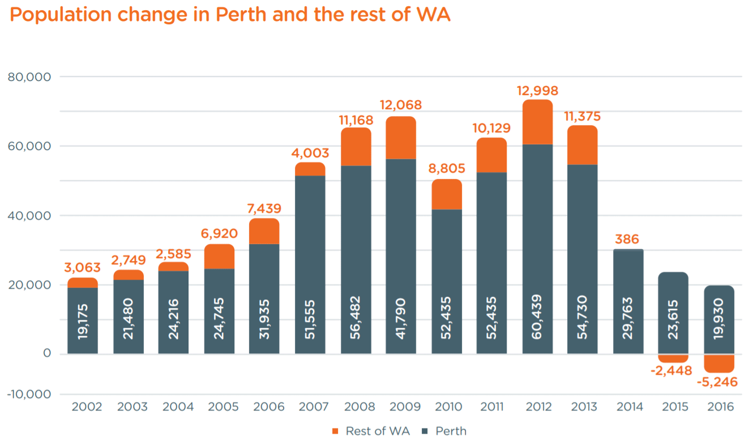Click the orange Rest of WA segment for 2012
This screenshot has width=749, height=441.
point(537,122)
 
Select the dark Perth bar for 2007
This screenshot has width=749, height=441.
point(310,264)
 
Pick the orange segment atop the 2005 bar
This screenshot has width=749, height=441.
point(219,256)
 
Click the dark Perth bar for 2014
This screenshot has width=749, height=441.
point(628,301)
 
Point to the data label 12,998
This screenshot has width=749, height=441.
point(537,91)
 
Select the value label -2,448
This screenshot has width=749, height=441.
point(674,371)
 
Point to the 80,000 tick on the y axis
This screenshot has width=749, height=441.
point(29,76)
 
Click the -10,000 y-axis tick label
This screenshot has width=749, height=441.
point(29,394)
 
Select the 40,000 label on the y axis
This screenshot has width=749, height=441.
point(29,216)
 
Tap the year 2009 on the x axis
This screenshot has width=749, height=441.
point(401,407)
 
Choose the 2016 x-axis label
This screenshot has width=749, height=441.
point(720,407)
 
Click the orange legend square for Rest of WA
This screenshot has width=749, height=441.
point(335,431)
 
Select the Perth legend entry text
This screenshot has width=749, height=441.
point(451,431)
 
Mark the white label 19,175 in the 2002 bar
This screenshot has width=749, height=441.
point(83,320)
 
